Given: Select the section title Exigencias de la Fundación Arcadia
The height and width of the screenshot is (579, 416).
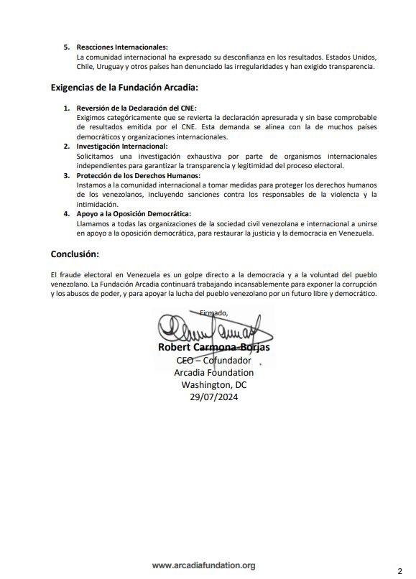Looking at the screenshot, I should pyautogui.click(x=124, y=88).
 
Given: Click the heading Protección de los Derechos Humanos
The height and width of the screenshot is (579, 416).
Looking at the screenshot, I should pyautogui.click(x=138, y=175).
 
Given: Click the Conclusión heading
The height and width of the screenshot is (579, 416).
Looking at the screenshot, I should pyautogui.click(x=75, y=254).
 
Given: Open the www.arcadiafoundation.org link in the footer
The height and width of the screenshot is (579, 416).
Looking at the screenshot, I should pyautogui.click(x=203, y=565).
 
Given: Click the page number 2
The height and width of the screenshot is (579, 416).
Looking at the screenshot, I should pyautogui.click(x=400, y=568).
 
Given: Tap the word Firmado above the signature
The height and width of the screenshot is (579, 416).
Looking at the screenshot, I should pyautogui.click(x=213, y=312).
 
